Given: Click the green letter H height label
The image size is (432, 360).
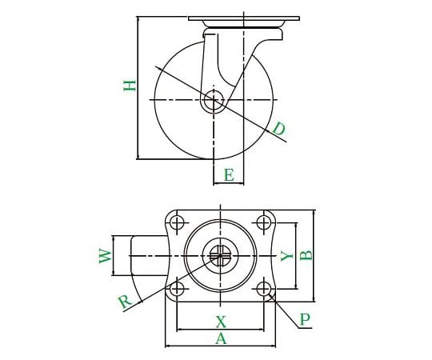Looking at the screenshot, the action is point(130,86).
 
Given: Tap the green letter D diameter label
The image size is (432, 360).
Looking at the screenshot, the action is point(279,129).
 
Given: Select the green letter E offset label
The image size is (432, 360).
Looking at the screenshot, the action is point(229,174).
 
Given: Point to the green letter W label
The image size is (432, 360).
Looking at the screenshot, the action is point(106,256).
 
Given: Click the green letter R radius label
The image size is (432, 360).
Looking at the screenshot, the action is point(126,302).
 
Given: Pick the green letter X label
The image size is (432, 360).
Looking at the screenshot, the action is point(221,322).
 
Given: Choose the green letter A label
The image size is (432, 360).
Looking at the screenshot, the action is point(221,338).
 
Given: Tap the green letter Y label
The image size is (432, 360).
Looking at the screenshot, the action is point(287,256).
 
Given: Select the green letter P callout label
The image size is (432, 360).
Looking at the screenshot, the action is point(305,319).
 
